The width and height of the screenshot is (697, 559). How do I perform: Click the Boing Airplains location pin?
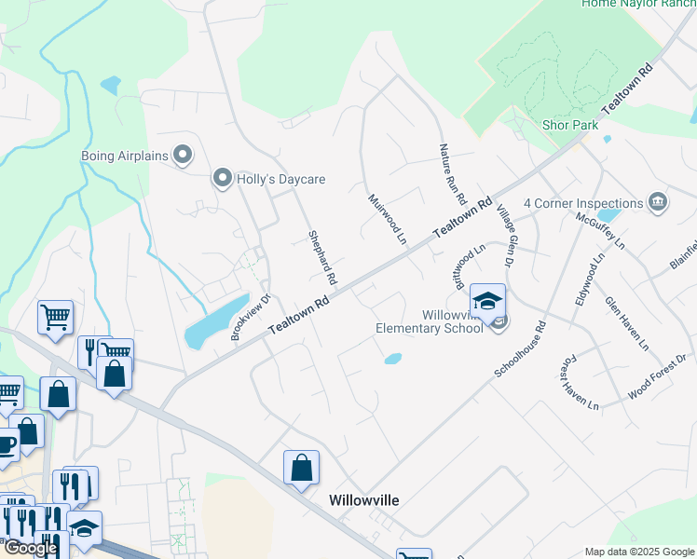click(183, 155)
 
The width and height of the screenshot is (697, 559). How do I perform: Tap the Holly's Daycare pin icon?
click(222, 178)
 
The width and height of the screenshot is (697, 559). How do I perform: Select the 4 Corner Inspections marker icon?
click(657, 203)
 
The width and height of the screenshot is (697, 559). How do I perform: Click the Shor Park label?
click(570, 125)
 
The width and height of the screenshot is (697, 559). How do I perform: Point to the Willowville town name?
click(364, 500)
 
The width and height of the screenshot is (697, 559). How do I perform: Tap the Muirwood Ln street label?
click(388, 219)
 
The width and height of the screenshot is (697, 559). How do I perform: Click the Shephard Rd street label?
click(322, 258)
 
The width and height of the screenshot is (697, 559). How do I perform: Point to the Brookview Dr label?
click(250, 318)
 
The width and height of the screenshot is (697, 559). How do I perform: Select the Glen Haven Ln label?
click(626, 324)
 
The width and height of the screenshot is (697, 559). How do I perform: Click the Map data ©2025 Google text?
click(639, 552)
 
